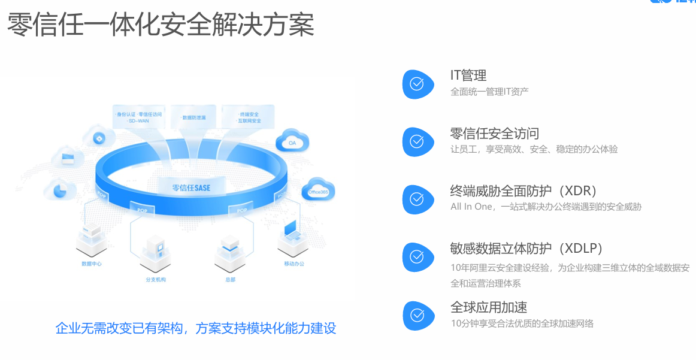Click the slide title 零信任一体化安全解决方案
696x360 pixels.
161,25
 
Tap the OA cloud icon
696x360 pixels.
292,142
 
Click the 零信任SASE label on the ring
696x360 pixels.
191,187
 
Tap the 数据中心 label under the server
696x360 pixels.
92,264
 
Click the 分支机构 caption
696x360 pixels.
155,279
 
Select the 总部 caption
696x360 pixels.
230,279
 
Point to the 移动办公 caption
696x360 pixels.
294,264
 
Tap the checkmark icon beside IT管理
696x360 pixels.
417,84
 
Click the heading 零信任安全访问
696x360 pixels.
495,133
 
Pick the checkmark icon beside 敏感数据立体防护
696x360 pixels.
417,257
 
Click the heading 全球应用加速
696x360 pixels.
489,307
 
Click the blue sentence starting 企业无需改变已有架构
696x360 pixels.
195,328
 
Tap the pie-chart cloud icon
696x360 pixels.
59,190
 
